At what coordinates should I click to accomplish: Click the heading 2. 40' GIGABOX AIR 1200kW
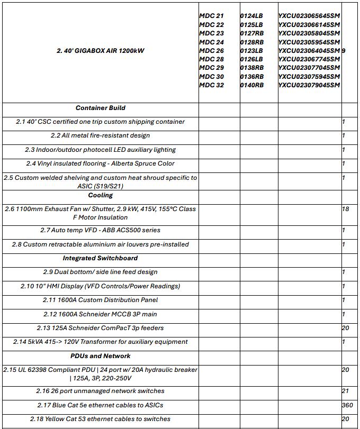pyautogui.click(x=101, y=51)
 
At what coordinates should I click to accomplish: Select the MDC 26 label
pyautogui.click(x=211, y=51)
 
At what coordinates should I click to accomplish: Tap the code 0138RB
pyautogui.click(x=252, y=68)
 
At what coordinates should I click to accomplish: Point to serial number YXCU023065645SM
pyautogui.click(x=309, y=16)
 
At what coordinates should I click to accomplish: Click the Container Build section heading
pyautogui.click(x=101, y=108)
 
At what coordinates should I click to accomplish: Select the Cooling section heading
pyautogui.click(x=101, y=195)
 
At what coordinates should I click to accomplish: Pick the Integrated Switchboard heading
pyautogui.click(x=101, y=258)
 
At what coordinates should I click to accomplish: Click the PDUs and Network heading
pyautogui.click(x=101, y=356)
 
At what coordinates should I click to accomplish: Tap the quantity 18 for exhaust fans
pyautogui.click(x=346, y=209)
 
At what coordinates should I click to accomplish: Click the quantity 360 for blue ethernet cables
pyautogui.click(x=347, y=405)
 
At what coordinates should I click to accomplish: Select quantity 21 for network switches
pyautogui.click(x=346, y=391)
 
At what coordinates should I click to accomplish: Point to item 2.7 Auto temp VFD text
pyautogui.click(x=101, y=231)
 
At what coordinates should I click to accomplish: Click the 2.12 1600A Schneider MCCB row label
pyautogui.click(x=101, y=314)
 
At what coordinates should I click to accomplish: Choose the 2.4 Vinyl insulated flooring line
pyautogui.click(x=101, y=163)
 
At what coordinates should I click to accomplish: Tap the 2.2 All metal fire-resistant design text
pyautogui.click(x=101, y=136)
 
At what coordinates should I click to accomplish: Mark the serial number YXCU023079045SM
pyautogui.click(x=309, y=85)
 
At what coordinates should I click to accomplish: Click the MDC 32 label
pyautogui.click(x=211, y=85)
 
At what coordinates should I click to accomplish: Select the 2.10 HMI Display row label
pyautogui.click(x=101, y=286)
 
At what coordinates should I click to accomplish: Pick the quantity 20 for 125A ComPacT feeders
pyautogui.click(x=346, y=328)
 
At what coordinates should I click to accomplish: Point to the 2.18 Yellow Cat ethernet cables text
pyautogui.click(x=101, y=419)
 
